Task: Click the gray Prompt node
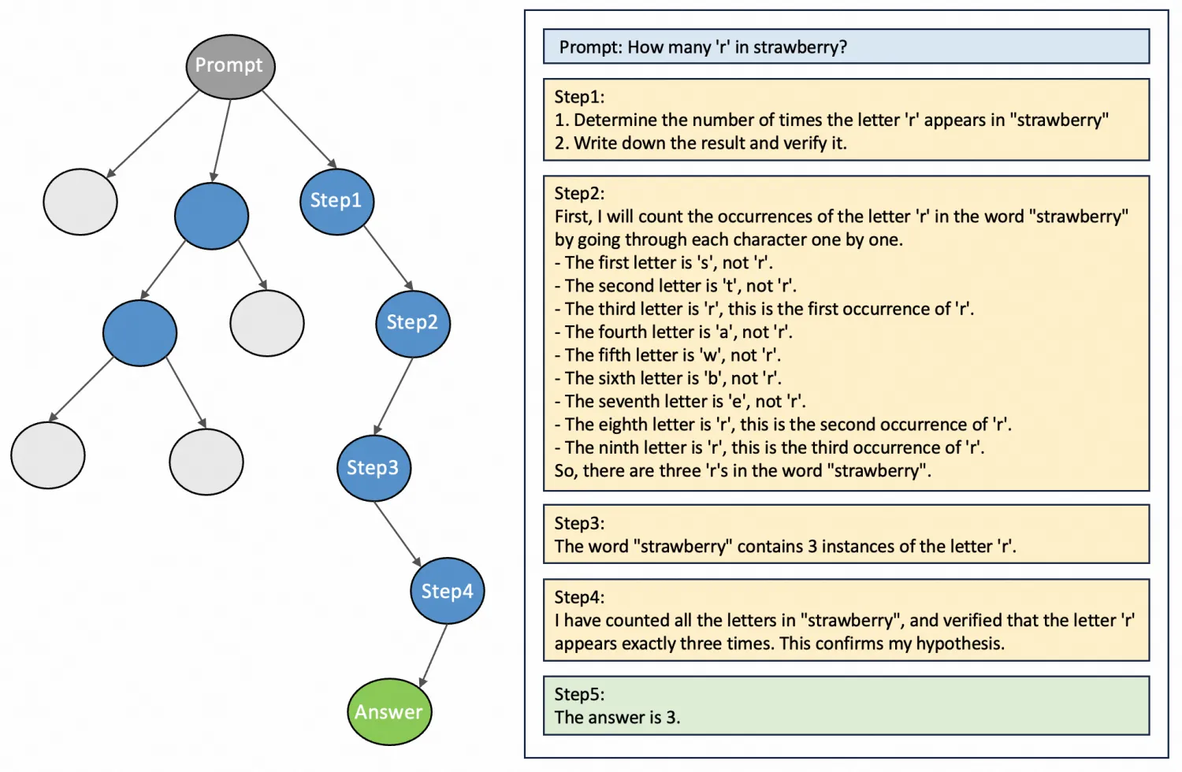tap(230, 66)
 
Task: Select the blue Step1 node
tap(336, 202)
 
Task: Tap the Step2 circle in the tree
tap(413, 323)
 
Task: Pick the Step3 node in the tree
tap(374, 468)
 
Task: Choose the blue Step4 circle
tap(447, 591)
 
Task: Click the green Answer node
tap(389, 712)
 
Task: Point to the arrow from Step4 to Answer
tap(433, 654)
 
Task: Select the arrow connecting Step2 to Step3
tap(393, 395)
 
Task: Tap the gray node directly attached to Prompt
tap(80, 202)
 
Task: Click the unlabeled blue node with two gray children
tap(139, 332)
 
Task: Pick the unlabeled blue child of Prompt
tap(211, 216)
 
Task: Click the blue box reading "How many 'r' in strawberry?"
tap(846, 47)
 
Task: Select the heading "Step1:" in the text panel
tap(579, 97)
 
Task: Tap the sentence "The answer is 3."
tap(617, 718)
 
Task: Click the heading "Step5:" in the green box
tap(579, 694)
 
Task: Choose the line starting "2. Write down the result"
tap(701, 143)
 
